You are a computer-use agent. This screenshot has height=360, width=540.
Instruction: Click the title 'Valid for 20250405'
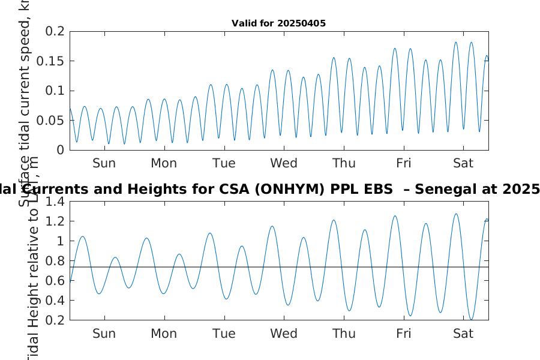tap(278, 24)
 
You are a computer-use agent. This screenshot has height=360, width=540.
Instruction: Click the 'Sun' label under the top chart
tap(104, 163)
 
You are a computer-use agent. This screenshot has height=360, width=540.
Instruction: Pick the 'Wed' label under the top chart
tap(284, 163)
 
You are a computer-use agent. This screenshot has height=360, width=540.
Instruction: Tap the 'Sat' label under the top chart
tap(463, 163)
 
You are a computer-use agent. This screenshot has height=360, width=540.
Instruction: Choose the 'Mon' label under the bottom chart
tap(164, 334)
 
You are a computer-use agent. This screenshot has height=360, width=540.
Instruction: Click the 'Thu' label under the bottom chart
tap(344, 334)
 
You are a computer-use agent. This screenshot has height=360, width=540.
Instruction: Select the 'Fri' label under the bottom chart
tap(404, 334)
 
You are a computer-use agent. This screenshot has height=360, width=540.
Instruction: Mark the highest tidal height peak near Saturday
tap(456, 214)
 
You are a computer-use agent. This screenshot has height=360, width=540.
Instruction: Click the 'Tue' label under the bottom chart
tap(224, 334)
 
